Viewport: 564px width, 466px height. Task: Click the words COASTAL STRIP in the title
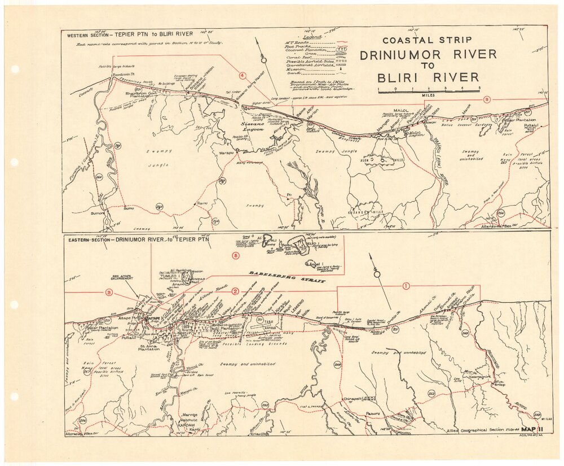(427, 40)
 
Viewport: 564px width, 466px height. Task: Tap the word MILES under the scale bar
(429, 95)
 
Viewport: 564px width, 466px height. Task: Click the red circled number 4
(243, 75)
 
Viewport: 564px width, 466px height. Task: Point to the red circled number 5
(236, 255)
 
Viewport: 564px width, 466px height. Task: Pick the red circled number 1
(406, 286)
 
